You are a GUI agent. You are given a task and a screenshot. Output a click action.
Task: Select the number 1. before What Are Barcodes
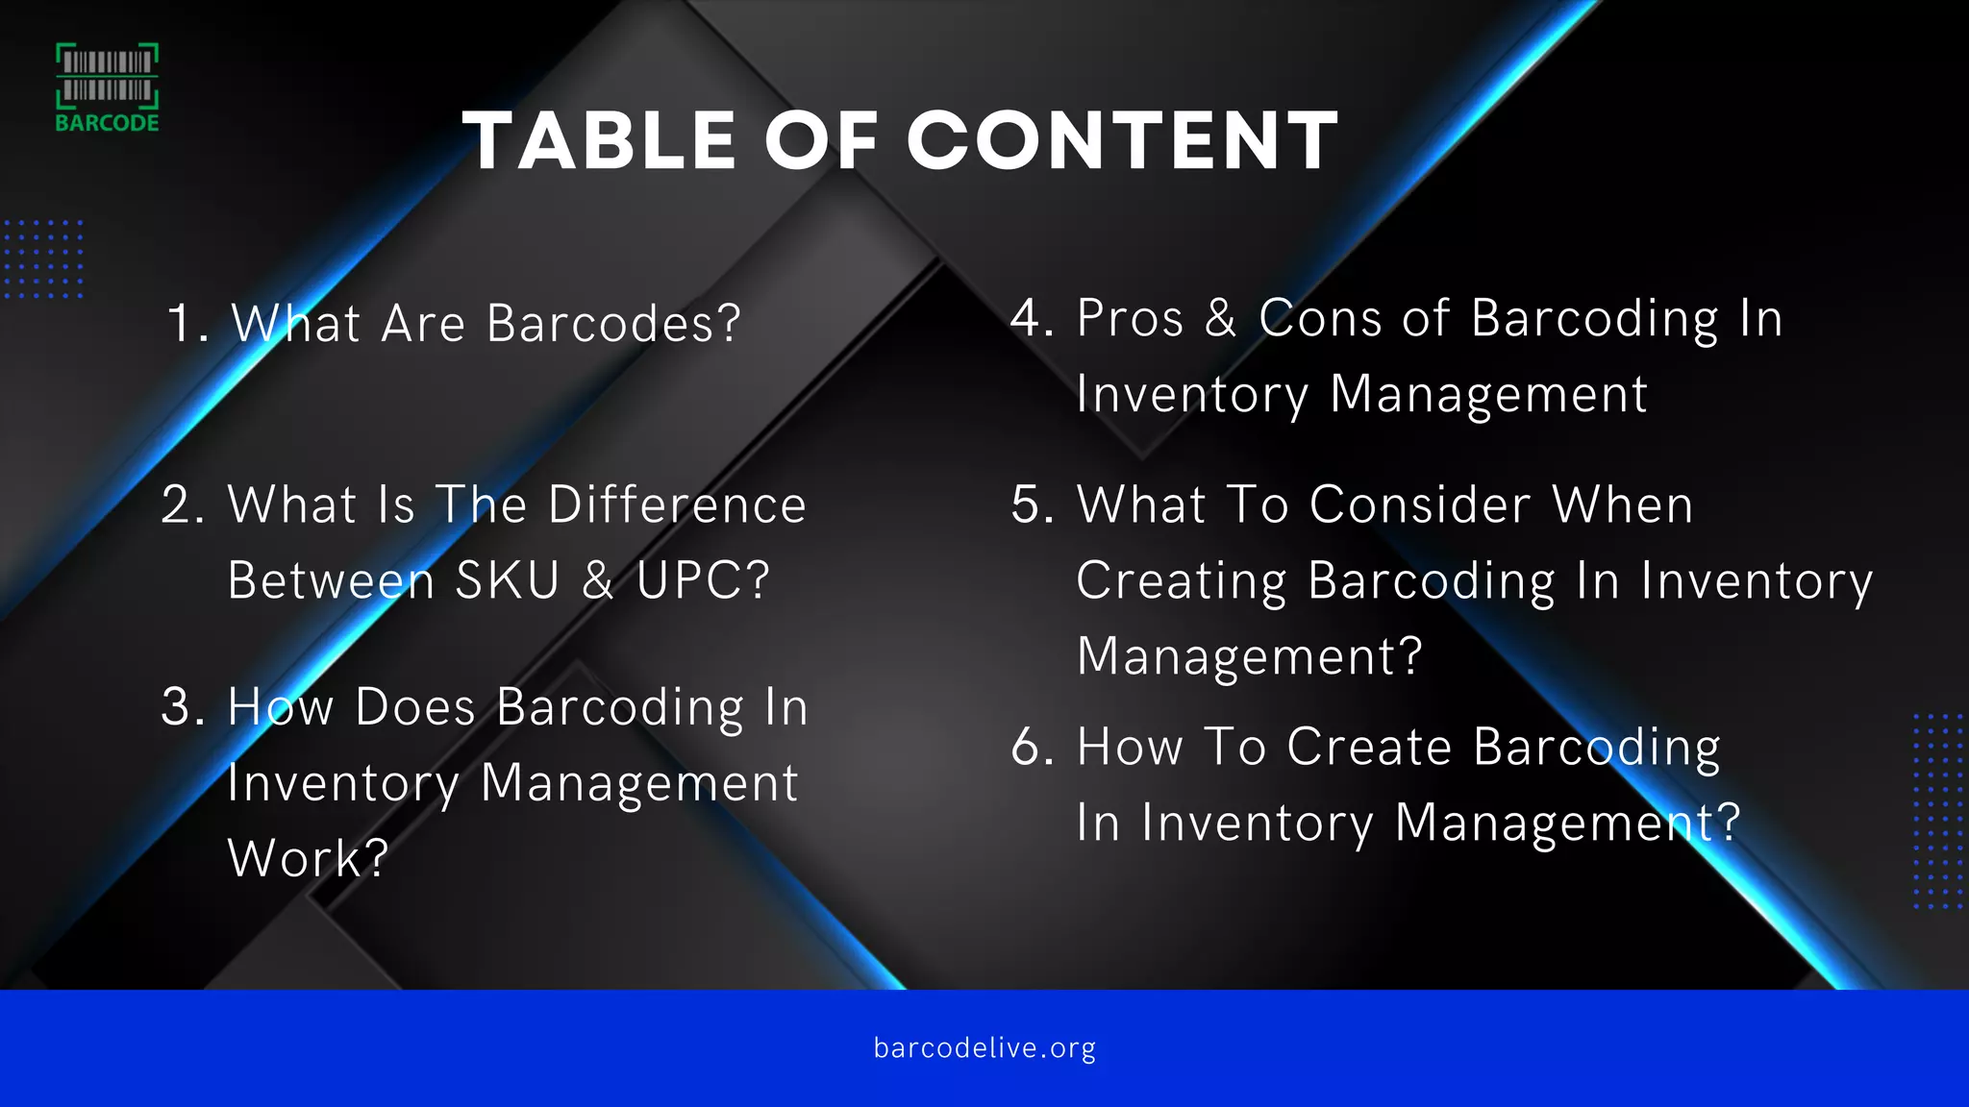pos(187,324)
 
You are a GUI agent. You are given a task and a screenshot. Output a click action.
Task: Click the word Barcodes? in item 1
pos(613,324)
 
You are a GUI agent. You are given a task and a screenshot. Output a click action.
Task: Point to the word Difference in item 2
pos(677,504)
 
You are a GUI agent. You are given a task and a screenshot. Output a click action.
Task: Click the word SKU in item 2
pos(507,580)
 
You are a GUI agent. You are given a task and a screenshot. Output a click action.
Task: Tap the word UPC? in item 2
pos(703,580)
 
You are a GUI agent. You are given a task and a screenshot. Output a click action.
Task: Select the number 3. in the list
pos(184,707)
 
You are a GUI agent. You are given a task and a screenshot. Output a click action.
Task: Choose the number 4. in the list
pos(1033,318)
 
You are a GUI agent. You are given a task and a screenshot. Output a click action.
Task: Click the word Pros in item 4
pos(1130,318)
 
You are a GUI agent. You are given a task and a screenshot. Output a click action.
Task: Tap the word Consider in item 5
pos(1419,504)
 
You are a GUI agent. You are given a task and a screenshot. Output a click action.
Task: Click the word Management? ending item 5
pos(1249,656)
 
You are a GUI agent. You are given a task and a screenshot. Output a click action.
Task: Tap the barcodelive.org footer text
pos(984,1047)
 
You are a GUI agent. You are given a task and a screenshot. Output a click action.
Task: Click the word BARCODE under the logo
pos(107,123)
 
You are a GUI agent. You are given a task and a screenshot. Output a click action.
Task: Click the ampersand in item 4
pos(1221,318)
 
